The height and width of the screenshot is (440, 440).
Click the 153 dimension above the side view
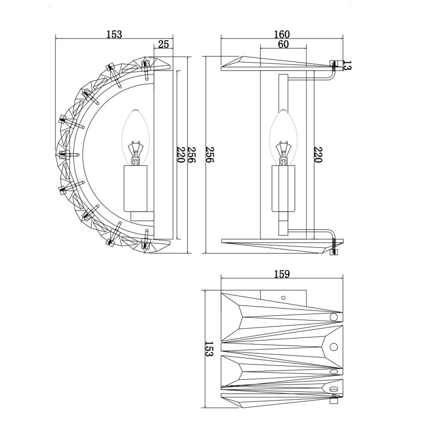tap(114, 35)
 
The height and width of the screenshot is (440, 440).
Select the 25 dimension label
tap(164, 44)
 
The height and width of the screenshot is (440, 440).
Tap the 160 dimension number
tap(282, 35)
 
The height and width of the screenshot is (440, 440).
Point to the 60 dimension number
tap(284, 44)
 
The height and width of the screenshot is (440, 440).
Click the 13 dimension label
tap(347, 65)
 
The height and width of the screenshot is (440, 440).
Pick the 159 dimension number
tap(282, 274)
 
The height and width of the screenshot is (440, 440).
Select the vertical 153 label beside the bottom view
tap(209, 349)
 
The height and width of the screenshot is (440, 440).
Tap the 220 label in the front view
tap(318, 155)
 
